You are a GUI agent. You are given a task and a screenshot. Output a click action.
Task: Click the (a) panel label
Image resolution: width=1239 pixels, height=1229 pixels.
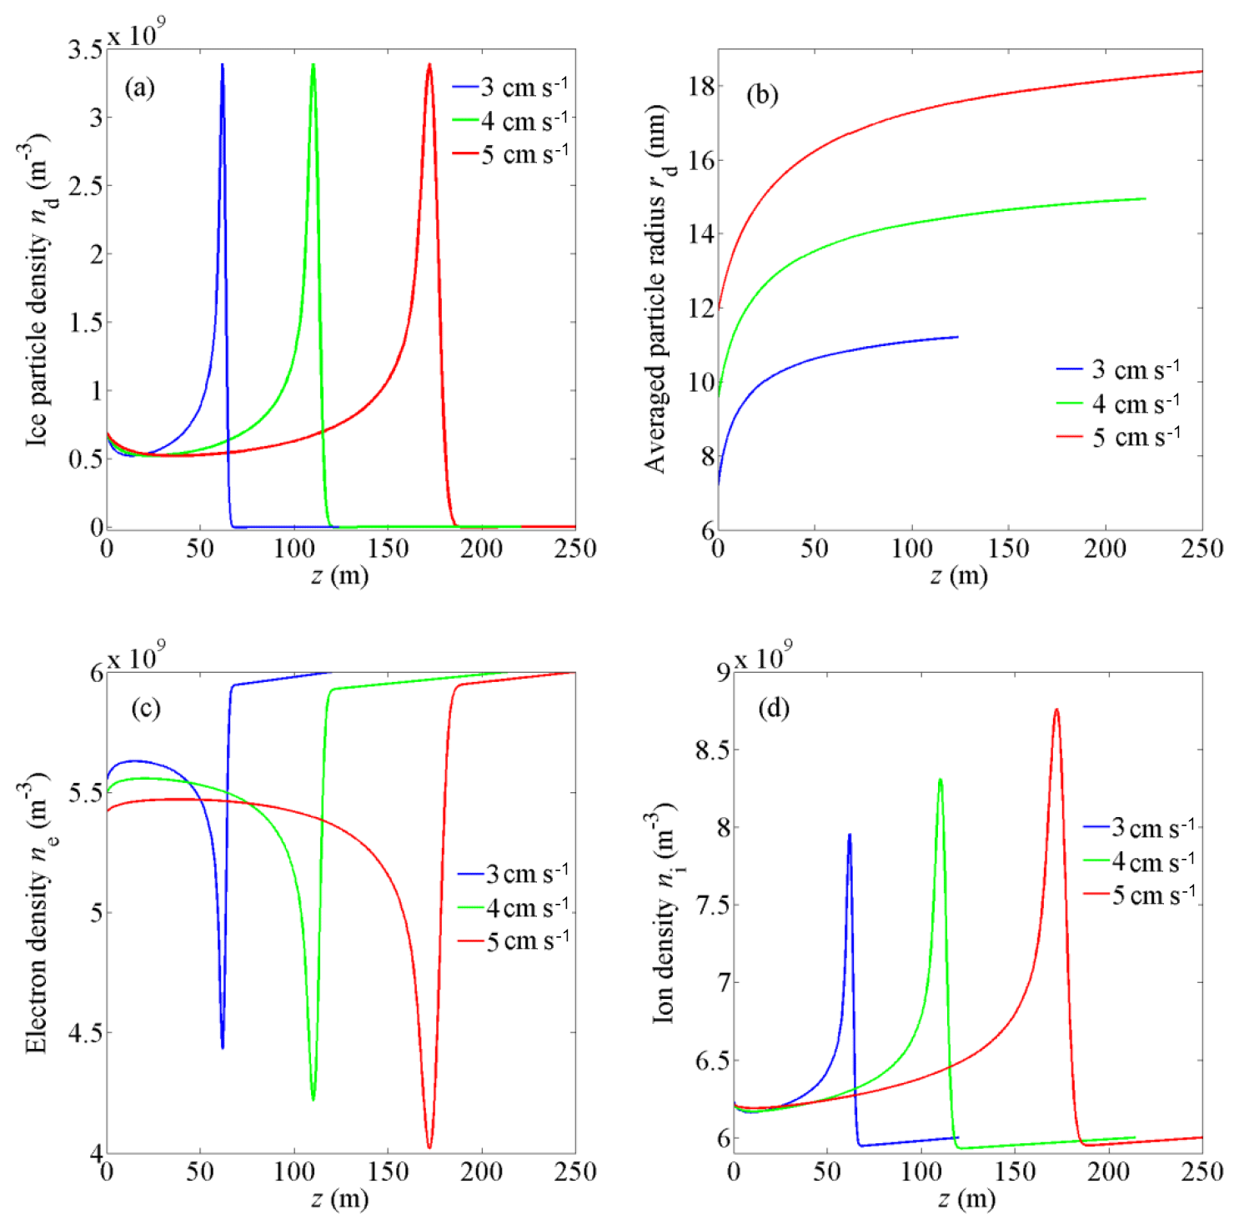pyautogui.click(x=139, y=88)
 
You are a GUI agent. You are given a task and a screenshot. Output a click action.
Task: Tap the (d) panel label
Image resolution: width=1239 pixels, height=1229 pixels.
pyautogui.click(x=773, y=709)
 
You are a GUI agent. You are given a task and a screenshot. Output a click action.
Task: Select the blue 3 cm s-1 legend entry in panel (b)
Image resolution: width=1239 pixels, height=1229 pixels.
pyautogui.click(x=1118, y=369)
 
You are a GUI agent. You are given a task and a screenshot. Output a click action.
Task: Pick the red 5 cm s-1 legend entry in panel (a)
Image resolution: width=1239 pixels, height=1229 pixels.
pyautogui.click(x=510, y=154)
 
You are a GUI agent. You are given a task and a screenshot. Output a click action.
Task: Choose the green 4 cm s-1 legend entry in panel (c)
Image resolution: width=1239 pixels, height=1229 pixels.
pyautogui.click(x=514, y=907)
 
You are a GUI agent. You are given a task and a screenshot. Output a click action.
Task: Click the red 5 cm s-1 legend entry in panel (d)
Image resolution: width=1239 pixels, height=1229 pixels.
pyautogui.click(x=1140, y=895)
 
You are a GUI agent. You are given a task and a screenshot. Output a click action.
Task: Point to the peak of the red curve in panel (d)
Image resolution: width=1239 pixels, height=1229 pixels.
pyautogui.click(x=1056, y=710)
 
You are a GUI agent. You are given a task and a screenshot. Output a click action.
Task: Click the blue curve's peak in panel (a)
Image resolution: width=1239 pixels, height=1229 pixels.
pyautogui.click(x=222, y=64)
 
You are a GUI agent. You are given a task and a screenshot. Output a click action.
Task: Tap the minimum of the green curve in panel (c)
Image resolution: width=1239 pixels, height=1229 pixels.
pyautogui.click(x=313, y=1100)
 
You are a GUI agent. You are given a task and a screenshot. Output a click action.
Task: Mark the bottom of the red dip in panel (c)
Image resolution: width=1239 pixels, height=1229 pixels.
pyautogui.click(x=429, y=1148)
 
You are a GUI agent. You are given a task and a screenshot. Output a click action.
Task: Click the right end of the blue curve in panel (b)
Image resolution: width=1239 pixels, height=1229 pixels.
pyautogui.click(x=957, y=337)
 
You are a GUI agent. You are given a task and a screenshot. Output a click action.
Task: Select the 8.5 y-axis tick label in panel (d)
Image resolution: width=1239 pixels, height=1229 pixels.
pyautogui.click(x=710, y=750)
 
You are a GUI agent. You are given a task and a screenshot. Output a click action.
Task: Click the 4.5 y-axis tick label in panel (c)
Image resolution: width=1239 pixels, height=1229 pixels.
pyautogui.click(x=86, y=1033)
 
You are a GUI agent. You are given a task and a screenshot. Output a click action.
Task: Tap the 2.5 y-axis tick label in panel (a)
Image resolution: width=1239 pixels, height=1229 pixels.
pyautogui.click(x=86, y=186)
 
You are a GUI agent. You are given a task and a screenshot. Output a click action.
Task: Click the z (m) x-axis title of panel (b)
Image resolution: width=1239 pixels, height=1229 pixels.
pyautogui.click(x=959, y=575)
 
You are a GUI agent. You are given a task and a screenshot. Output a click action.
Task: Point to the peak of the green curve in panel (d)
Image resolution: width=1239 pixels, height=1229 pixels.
pyautogui.click(x=941, y=780)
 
